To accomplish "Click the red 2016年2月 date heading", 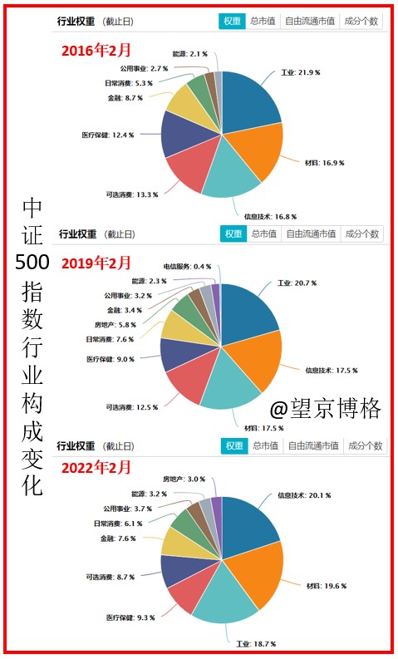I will click(x=96, y=50).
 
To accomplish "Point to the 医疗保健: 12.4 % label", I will click(x=109, y=134).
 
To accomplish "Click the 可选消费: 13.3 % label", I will click(x=132, y=194).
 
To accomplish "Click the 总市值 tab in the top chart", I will click(x=263, y=22).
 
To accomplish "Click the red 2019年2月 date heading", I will click(x=96, y=263).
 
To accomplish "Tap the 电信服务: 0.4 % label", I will click(x=187, y=266).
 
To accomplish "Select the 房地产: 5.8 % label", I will click(x=115, y=325).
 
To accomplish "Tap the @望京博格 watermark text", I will click(x=326, y=408).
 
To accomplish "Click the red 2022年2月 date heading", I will click(x=96, y=468).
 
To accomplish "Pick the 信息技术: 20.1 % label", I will click(x=303, y=495).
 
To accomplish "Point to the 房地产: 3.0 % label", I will click(x=184, y=479).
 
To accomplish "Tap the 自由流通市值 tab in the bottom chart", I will click(x=312, y=445).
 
